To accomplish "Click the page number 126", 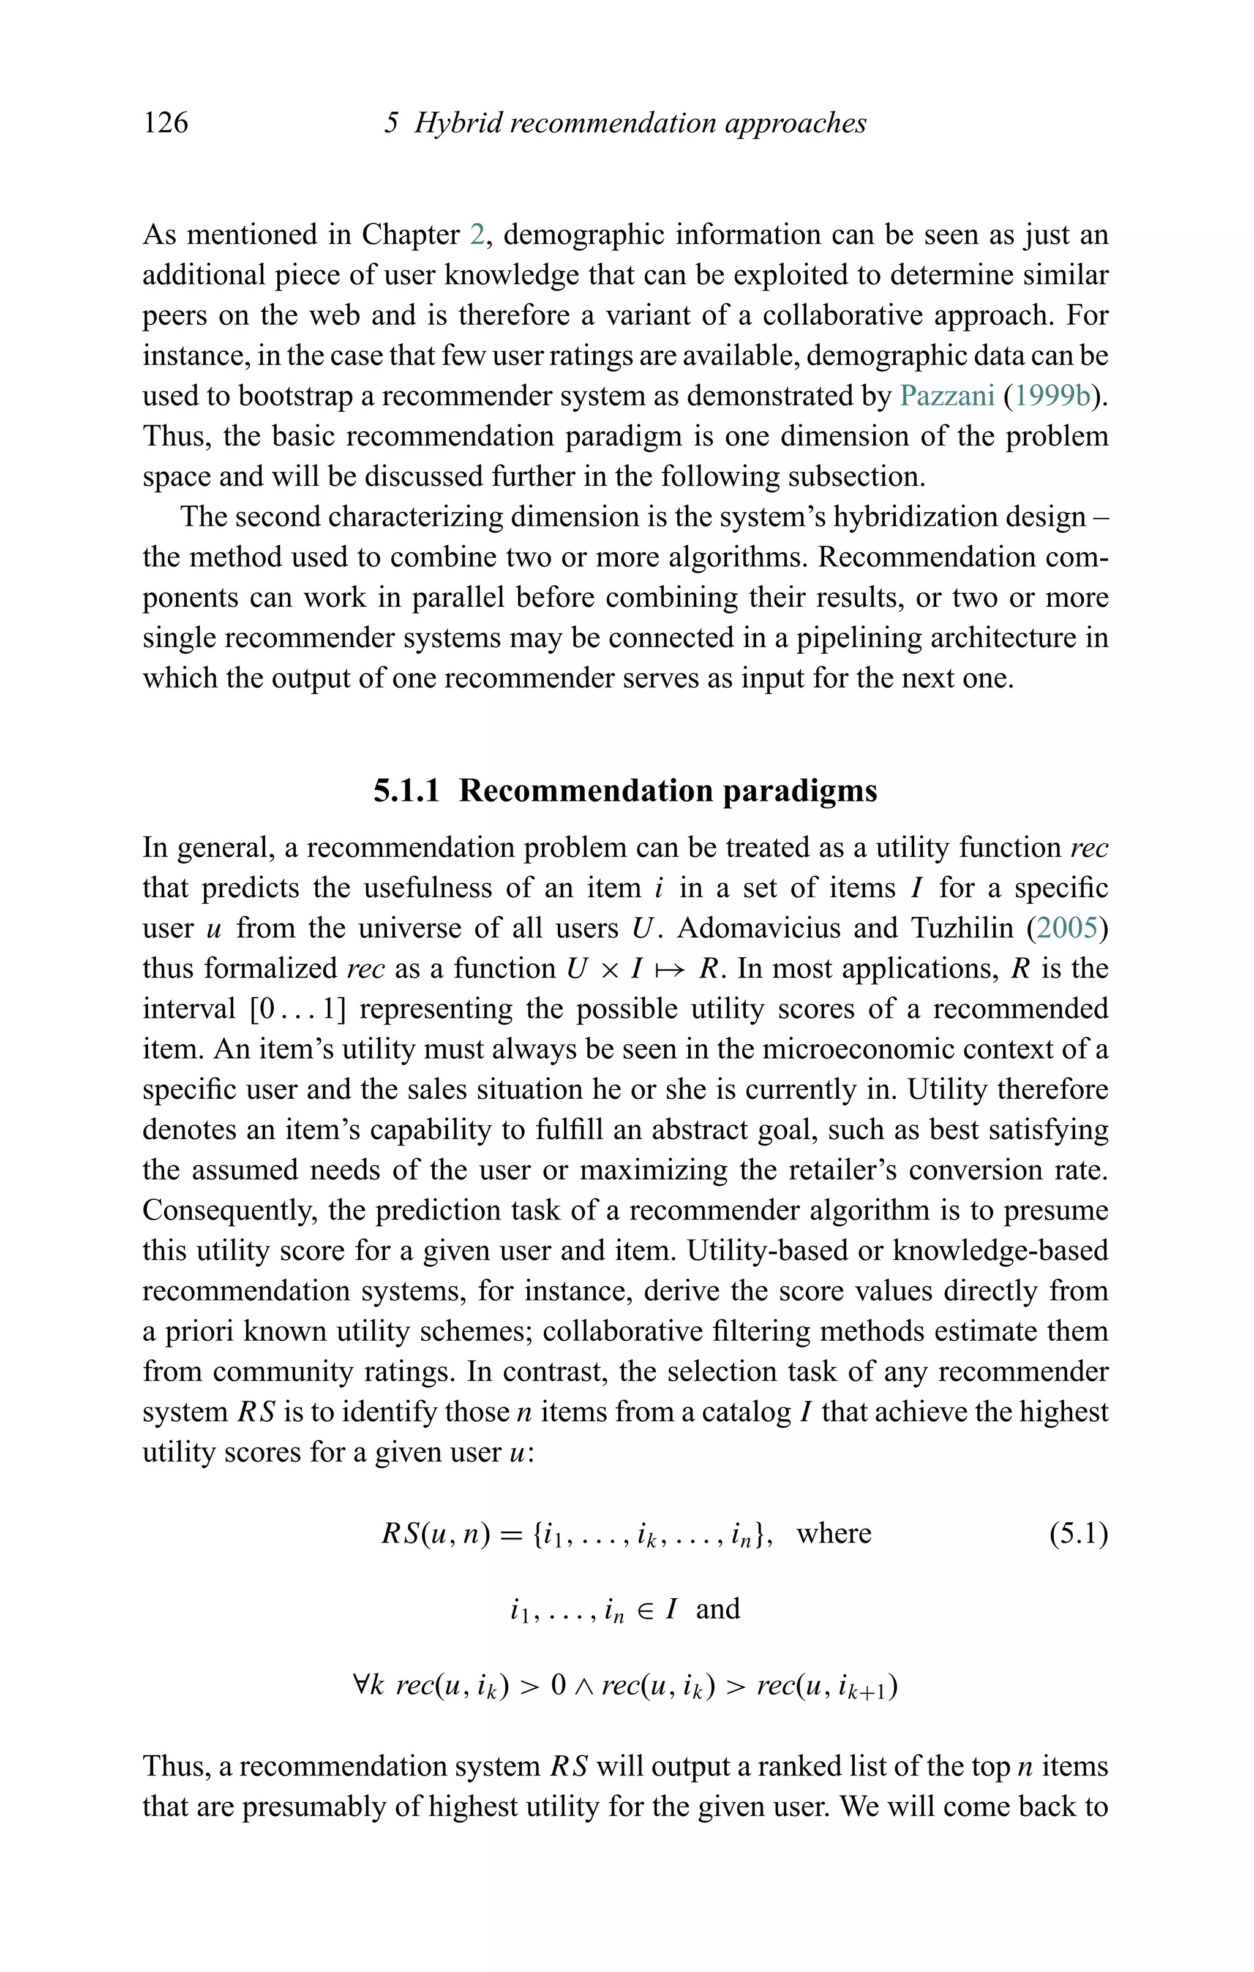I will pyautogui.click(x=165, y=123).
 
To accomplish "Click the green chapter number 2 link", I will pyautogui.click(x=477, y=235).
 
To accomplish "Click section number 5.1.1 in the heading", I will pyautogui.click(x=406, y=791).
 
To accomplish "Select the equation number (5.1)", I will pyautogui.click(x=1079, y=1534).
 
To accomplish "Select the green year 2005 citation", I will pyautogui.click(x=1067, y=928).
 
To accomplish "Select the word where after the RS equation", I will pyautogui.click(x=833, y=1534).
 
